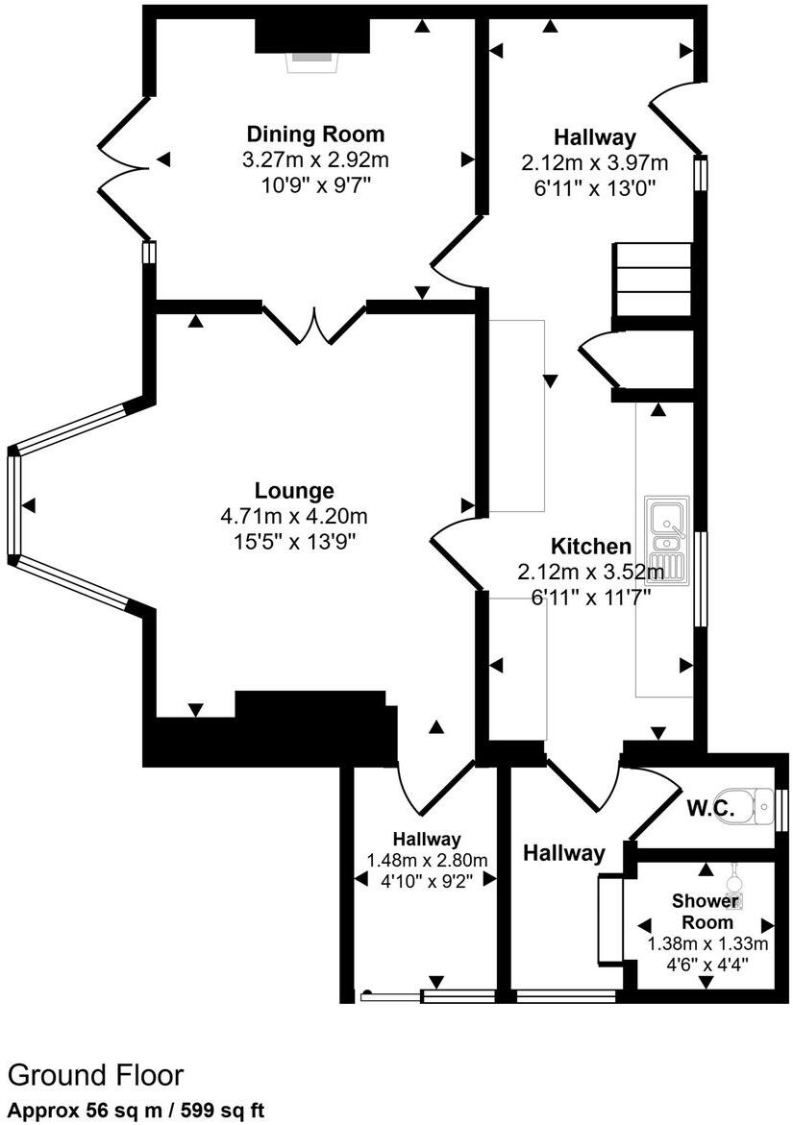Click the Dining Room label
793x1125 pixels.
point(315,135)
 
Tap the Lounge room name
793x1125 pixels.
point(294,491)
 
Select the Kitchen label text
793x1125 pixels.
point(591,547)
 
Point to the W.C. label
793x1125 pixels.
point(710,810)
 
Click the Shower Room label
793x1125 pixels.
point(705,911)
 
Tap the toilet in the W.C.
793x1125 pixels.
point(760,807)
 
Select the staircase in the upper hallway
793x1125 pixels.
point(654,279)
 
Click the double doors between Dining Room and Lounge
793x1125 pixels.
point(314,325)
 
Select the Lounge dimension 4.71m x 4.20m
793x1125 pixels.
point(294,517)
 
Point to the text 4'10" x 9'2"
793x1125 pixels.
point(427,879)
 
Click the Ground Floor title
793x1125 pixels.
point(95,1074)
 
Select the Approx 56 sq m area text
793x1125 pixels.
point(135,1110)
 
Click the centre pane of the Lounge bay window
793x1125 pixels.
point(13,503)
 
